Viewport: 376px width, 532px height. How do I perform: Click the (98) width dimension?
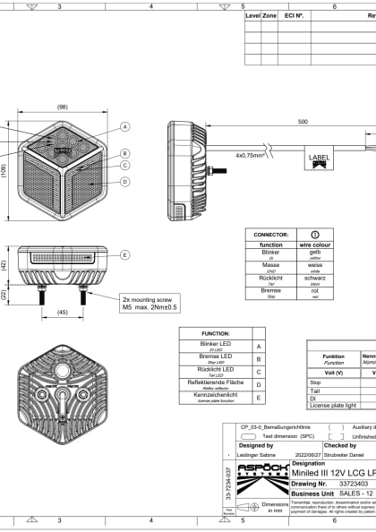click(62, 107)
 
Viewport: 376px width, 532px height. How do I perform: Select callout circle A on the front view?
click(125, 127)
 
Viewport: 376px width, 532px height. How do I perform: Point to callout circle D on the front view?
click(125, 182)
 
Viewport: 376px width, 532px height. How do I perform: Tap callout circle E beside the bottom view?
click(125, 254)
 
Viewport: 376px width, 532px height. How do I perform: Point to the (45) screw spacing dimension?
click(62, 313)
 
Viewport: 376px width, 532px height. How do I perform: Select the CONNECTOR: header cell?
click(270, 232)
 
